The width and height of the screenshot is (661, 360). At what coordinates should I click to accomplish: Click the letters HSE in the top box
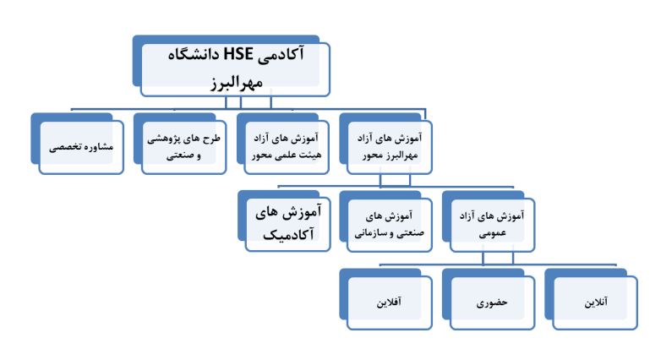(x=238, y=54)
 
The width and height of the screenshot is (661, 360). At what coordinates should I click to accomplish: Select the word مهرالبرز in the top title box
(x=237, y=82)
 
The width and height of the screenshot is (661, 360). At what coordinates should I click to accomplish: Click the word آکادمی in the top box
(x=281, y=55)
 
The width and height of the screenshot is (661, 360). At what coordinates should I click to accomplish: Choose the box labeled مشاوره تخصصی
(x=78, y=144)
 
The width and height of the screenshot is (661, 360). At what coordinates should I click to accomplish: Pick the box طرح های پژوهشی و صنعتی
(x=180, y=144)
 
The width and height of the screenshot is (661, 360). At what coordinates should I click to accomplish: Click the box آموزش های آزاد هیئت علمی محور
(x=283, y=144)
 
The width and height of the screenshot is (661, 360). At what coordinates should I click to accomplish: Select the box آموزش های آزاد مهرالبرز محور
(x=385, y=144)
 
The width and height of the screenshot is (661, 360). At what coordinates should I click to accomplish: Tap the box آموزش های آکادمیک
(x=284, y=221)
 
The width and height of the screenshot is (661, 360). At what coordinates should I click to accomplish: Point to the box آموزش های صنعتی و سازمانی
(x=385, y=221)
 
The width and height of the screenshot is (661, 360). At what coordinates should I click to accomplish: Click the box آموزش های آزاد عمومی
(x=489, y=221)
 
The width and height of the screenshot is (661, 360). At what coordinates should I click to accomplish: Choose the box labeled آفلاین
(x=385, y=299)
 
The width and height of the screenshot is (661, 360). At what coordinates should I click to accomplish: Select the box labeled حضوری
(x=489, y=299)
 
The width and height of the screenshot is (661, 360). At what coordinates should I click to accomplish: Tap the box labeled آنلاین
(x=591, y=299)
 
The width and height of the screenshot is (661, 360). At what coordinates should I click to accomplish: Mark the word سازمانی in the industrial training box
(x=369, y=233)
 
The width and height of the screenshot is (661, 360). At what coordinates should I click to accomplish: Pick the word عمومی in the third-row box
(x=492, y=233)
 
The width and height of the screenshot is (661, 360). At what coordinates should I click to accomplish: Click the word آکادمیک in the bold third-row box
(x=288, y=235)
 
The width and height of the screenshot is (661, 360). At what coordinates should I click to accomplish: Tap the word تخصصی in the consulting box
(x=65, y=147)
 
